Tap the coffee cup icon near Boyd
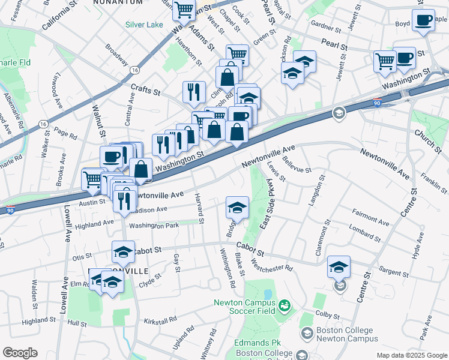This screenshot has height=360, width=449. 424,20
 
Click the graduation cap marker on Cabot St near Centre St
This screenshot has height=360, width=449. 339,267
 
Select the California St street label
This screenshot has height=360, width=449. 61,19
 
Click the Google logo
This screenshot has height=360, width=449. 20,353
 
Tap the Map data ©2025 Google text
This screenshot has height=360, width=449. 411,355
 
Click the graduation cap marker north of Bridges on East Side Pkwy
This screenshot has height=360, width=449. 237,208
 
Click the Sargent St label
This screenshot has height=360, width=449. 393,272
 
